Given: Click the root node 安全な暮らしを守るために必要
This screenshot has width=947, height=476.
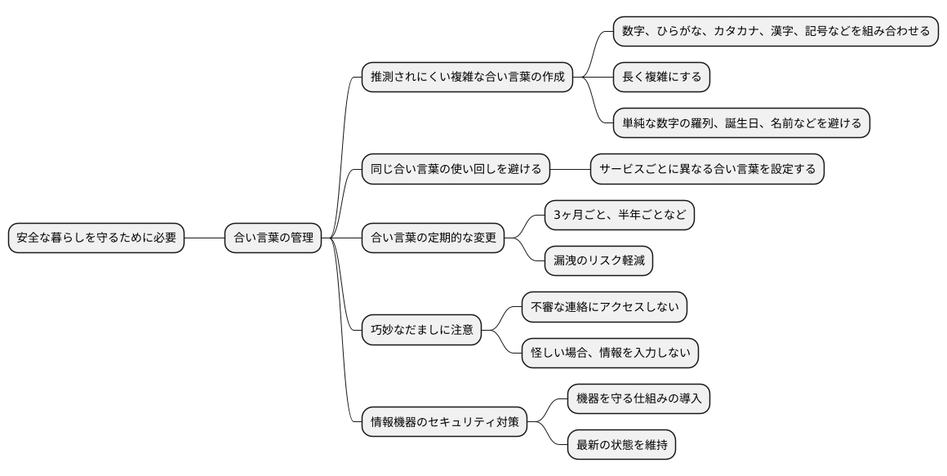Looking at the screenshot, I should (96, 238).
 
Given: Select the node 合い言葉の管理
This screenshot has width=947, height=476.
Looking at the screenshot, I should (273, 238).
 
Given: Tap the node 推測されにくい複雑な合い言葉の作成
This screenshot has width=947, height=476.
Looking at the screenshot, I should (467, 77).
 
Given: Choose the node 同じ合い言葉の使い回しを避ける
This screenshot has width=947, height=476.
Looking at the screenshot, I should (456, 169).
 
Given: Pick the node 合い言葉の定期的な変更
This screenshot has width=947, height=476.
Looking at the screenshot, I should (433, 238).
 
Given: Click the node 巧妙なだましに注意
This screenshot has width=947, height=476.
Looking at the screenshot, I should (421, 331).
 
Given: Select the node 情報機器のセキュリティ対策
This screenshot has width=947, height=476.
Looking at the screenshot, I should (444, 423).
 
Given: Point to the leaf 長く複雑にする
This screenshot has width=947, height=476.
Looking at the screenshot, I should (661, 77).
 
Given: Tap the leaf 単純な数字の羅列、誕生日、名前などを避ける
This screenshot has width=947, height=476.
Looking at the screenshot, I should (741, 123).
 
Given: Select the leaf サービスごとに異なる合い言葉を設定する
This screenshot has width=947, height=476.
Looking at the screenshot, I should (707, 169).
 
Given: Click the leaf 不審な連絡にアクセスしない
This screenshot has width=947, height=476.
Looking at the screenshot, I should (604, 308).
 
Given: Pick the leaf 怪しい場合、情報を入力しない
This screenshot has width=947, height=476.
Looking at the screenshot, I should (610, 354).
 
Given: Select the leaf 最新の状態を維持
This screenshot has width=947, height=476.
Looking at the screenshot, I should (621, 446).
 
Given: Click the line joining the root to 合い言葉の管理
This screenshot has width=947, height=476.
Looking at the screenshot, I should (204, 238).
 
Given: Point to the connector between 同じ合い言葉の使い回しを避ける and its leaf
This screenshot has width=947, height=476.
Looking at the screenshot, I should (570, 169).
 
